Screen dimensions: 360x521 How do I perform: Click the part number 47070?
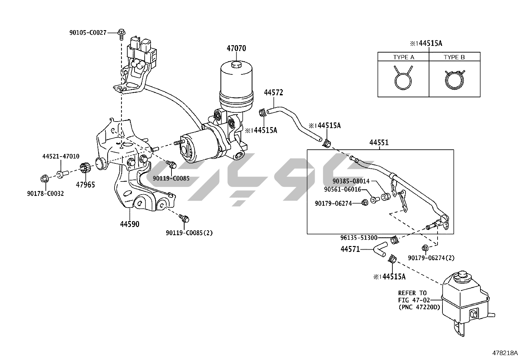click(x=236, y=48)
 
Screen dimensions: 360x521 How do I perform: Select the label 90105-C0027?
click(x=88, y=32)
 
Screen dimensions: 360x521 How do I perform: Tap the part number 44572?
click(x=273, y=93)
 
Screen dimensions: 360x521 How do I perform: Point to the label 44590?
click(x=130, y=224)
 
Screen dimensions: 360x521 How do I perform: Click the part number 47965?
click(x=85, y=185)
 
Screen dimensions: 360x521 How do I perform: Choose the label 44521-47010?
click(x=61, y=157)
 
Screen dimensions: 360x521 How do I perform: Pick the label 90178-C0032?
click(x=45, y=194)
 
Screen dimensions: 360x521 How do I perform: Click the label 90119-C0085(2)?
click(x=189, y=233)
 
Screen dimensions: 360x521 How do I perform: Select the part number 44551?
click(x=379, y=142)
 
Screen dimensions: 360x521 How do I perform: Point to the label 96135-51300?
click(x=359, y=238)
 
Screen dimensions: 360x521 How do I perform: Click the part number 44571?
click(x=350, y=250)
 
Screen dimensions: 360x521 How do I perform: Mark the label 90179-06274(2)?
click(x=431, y=258)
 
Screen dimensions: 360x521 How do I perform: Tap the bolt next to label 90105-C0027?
click(x=121, y=32)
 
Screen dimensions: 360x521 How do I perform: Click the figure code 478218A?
click(x=505, y=353)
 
